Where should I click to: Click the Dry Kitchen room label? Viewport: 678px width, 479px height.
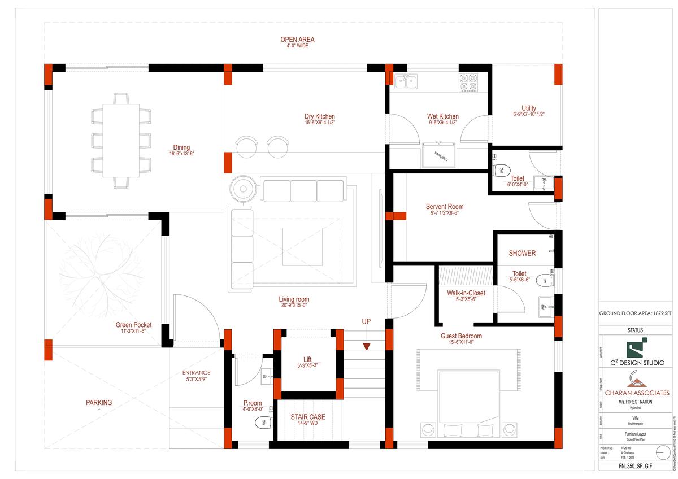point(320,117)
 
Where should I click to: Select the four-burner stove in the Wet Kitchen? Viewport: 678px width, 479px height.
point(468,82)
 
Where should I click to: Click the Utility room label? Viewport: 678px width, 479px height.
point(529,108)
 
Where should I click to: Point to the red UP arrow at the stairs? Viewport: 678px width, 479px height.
point(367,346)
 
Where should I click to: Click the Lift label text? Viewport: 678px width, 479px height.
point(307,359)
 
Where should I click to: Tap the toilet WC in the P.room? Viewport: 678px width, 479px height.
point(262,422)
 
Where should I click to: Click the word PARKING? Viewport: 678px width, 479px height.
point(99,403)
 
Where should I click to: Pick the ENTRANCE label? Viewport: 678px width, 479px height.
point(196,373)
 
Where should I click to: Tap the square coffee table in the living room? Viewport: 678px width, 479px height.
point(302,246)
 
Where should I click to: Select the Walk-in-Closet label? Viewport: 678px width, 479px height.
point(466,293)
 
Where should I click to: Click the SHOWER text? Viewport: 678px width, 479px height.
point(522,253)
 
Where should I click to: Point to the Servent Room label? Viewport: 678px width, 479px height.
point(445,207)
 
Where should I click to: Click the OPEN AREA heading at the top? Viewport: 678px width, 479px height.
point(297,40)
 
